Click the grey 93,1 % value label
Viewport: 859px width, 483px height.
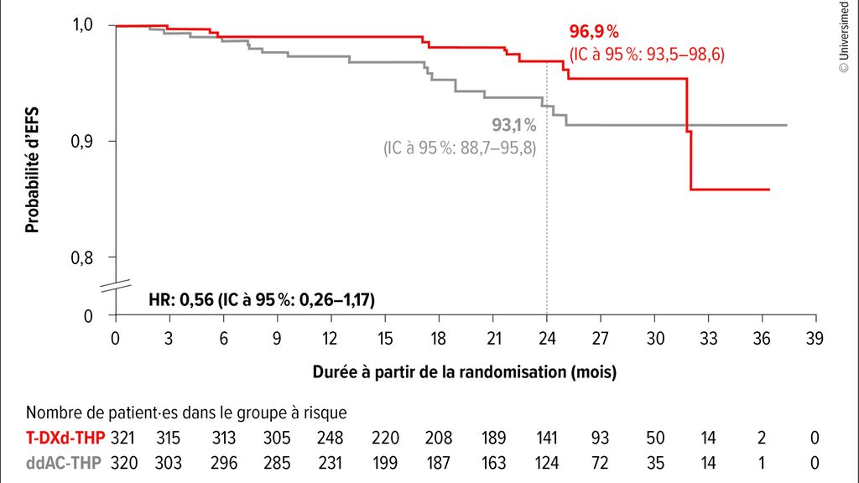coord(513,126)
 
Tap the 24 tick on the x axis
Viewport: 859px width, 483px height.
coord(547,339)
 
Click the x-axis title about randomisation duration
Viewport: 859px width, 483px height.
coord(465,371)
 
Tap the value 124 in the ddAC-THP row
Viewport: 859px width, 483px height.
coord(547,461)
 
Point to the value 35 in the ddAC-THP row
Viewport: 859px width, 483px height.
coord(655,461)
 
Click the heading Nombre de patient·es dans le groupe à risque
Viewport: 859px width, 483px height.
coord(186,413)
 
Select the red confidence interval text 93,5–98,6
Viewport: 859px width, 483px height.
coord(646,54)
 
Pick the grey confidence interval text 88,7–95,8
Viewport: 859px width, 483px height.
coord(460,148)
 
